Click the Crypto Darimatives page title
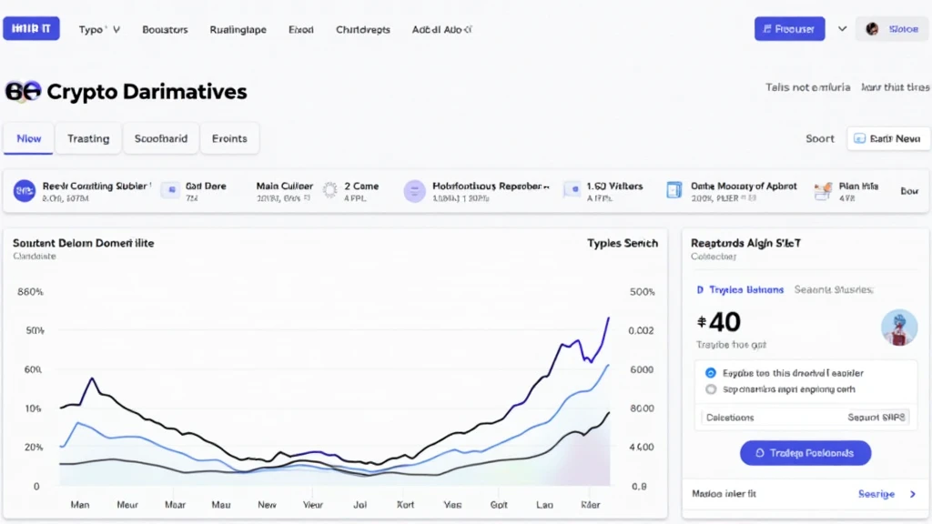[x=146, y=92]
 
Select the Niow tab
[x=29, y=138]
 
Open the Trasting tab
[x=88, y=138]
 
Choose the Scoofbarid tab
[x=161, y=138]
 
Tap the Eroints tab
[x=229, y=138]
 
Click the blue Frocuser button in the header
[x=789, y=29]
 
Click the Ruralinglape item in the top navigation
[x=238, y=29]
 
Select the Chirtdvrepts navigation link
[x=362, y=29]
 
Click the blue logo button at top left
[x=31, y=29]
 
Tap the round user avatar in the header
[x=872, y=29]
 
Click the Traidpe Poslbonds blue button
[x=805, y=453]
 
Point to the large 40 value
[x=719, y=322]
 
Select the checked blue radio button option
[x=711, y=373]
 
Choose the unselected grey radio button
[x=711, y=389]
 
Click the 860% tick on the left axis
[x=30, y=292]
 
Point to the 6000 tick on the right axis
[x=642, y=369]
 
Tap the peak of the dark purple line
[x=608, y=317]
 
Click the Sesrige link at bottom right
[x=876, y=494]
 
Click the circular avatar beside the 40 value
[x=899, y=327]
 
